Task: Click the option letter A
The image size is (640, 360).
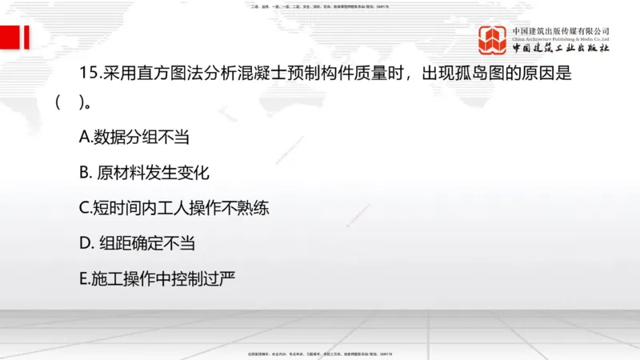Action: point(84,137)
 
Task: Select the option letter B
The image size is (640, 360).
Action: point(84,172)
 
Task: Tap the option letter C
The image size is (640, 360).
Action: point(84,207)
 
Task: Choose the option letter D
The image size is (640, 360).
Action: point(85,242)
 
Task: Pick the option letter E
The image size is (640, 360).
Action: point(83,278)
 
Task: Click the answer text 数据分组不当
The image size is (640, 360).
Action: point(141,137)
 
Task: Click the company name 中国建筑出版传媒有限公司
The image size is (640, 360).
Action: point(561,30)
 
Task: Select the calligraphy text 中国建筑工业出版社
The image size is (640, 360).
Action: point(561,48)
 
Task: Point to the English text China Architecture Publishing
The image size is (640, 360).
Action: point(561,38)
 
